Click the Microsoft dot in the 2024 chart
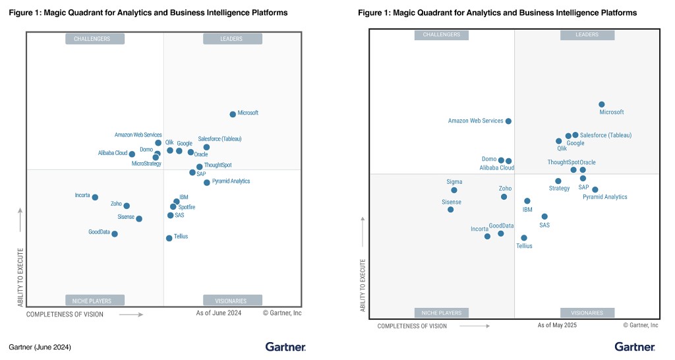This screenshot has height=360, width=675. coord(233,114)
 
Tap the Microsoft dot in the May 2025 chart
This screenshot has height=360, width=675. coord(602,104)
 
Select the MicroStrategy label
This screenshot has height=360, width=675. coord(146,164)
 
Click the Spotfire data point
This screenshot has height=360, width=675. coord(173,206)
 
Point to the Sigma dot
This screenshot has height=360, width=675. coord(454,190)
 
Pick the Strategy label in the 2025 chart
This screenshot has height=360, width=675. coord(559,189)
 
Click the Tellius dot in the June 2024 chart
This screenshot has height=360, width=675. coord(169,238)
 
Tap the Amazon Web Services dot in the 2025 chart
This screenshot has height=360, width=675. coord(508,121)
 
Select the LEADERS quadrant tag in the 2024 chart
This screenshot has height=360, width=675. coord(231,39)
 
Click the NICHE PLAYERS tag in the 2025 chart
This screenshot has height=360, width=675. coord(441,313)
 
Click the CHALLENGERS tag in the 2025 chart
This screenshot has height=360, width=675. coord(441,34)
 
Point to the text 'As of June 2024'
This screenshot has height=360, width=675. coord(219,313)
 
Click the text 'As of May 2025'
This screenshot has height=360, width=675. coord(557,325)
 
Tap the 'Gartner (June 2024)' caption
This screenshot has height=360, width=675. coord(40,347)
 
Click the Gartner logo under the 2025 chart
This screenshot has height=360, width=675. coord(635,347)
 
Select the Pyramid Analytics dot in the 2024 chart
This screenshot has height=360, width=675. coord(207,183)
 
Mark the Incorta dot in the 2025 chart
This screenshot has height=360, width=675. coord(487,236)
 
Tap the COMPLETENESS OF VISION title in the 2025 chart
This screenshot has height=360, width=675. coord(412,326)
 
